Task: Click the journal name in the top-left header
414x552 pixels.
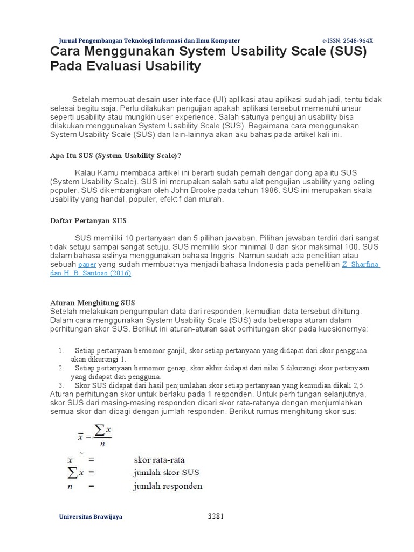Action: [x=149, y=41]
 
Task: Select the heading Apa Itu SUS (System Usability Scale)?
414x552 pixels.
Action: [x=115, y=156]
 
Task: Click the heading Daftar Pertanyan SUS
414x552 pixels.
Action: [x=88, y=221]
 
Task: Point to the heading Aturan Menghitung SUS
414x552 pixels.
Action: [x=92, y=302]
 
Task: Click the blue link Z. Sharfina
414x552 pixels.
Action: [x=361, y=265]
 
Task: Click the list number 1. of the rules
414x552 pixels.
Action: [x=61, y=350]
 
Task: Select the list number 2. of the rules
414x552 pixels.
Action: [x=61, y=368]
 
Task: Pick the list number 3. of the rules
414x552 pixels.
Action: [x=61, y=385]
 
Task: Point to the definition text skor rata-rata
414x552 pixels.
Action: [x=159, y=460]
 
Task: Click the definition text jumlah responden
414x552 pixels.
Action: [x=168, y=486]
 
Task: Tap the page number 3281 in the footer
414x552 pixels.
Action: [x=216, y=516]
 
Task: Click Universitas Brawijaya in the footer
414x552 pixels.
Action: [x=90, y=516]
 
